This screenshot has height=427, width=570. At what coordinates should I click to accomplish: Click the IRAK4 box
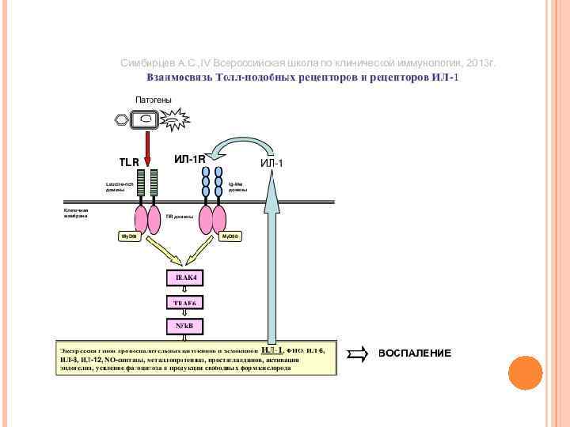185,278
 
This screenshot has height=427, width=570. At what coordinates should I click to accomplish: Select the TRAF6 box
185,302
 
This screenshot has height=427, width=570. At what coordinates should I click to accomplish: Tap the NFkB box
185,325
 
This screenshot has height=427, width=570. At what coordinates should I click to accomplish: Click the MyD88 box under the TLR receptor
128,236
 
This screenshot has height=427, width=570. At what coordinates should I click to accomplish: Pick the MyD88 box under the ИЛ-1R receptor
230,236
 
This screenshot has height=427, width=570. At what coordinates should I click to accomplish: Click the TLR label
129,162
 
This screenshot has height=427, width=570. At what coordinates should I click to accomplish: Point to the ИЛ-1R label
190,160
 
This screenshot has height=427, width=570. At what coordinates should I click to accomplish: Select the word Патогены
154,100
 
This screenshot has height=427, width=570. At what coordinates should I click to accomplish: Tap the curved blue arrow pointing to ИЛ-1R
237,145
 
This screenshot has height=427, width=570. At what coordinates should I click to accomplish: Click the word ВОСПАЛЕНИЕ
414,353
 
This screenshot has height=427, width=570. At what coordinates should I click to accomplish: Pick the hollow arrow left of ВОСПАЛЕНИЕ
358,353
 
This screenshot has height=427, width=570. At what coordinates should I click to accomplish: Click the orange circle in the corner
525,372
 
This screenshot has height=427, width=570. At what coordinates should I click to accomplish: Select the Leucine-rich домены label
120,187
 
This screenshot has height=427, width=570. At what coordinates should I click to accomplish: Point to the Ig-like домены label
238,187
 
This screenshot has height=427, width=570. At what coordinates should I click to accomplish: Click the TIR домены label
180,216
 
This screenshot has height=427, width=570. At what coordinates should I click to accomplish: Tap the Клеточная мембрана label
76,213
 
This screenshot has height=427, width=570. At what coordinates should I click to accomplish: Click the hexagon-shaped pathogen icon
121,120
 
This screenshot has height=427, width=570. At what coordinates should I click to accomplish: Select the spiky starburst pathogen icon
175,121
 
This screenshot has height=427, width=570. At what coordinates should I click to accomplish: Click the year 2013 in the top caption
477,62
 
